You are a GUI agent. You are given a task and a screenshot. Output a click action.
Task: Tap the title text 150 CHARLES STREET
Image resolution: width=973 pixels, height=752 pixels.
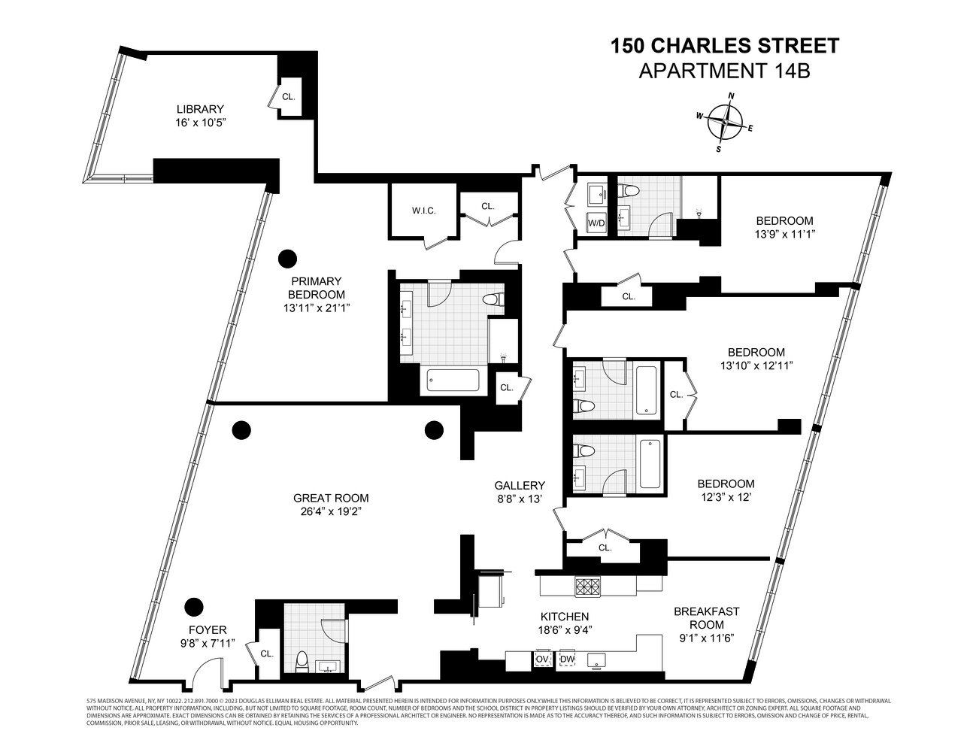point(724,47)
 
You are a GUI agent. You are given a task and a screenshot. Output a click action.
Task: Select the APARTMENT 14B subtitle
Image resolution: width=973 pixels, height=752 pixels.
point(724,71)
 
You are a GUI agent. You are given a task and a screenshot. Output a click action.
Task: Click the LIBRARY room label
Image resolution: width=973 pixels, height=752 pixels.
point(200,109)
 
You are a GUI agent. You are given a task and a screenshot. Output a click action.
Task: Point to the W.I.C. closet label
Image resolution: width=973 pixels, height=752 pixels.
point(423,211)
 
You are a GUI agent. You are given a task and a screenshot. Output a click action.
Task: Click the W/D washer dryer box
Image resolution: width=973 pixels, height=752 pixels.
point(596,223)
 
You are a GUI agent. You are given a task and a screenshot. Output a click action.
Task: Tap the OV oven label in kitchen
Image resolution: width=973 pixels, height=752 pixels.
point(543,660)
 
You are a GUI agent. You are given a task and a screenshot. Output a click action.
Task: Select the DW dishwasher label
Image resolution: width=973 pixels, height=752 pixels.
point(568,660)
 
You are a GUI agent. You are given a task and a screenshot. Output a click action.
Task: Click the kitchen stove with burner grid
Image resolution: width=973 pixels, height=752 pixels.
point(587,586)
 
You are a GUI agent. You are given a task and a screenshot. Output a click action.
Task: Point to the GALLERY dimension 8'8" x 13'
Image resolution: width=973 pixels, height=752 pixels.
point(519,499)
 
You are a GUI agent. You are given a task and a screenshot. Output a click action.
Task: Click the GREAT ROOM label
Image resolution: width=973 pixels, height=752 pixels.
point(331,498)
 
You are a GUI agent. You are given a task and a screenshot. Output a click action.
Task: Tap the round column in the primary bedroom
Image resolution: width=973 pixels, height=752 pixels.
point(286,259)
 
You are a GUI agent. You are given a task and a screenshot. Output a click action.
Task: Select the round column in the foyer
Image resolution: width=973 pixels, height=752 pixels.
point(195,605)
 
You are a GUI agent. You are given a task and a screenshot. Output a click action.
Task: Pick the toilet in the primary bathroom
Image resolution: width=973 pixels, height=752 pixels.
point(492,299)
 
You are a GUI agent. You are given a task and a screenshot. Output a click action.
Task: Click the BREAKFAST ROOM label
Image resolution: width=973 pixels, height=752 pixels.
point(706,617)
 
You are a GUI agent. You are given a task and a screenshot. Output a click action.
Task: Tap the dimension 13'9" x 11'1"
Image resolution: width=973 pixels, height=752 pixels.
point(784,234)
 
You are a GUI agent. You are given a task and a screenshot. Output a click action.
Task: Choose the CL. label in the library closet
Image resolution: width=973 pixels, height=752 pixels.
point(289,97)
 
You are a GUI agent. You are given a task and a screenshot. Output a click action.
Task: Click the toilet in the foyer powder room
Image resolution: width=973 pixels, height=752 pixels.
point(302,660)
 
